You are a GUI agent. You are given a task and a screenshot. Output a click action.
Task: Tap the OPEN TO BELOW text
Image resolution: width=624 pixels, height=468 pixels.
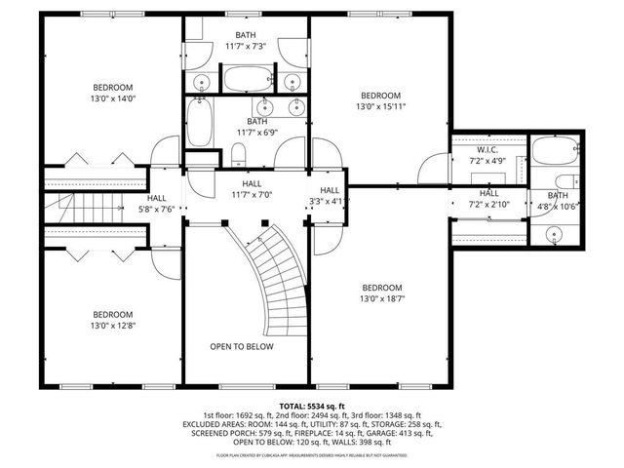click(x=242, y=347)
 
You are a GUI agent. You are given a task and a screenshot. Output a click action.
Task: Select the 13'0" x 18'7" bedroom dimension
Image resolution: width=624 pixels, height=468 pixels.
click(x=381, y=299)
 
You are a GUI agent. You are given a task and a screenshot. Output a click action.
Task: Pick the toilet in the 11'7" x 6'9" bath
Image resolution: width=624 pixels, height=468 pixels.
click(x=238, y=154)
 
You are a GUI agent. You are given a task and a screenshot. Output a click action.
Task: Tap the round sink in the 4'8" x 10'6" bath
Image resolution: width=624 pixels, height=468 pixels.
click(x=555, y=233)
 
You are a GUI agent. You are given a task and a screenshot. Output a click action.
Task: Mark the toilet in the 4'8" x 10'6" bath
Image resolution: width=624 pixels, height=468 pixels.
click(x=565, y=182)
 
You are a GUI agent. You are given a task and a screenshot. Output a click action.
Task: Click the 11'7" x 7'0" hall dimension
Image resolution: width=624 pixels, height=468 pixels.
click(x=251, y=195)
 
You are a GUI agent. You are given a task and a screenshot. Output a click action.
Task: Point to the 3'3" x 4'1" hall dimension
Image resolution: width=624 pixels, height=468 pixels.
click(x=330, y=202)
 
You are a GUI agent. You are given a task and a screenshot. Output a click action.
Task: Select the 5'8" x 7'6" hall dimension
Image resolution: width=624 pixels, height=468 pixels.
click(x=156, y=208)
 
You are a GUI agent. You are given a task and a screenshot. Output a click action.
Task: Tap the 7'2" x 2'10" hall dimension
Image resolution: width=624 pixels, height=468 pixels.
click(x=488, y=205)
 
